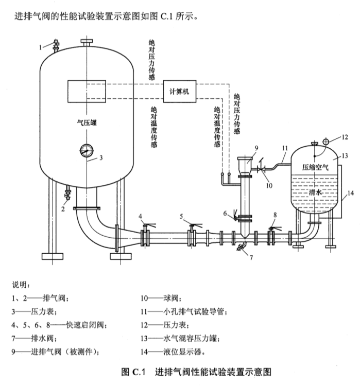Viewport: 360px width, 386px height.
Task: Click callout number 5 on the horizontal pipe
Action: (x=181, y=216)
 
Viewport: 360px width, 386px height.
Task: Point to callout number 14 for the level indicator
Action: (x=350, y=193)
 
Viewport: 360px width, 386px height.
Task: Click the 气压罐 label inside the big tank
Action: (x=87, y=122)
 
